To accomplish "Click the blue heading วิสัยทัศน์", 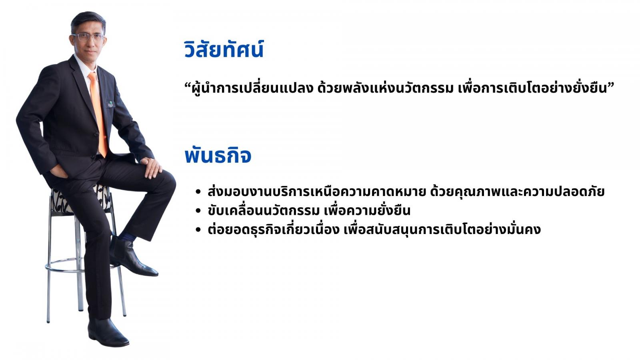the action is tap(224, 49).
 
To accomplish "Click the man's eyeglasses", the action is tap(88, 37).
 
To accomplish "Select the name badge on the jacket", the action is tap(110, 104).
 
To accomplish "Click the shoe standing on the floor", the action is tap(108, 332).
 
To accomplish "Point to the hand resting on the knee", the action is tap(152, 167).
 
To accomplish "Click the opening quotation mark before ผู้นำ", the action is tap(188, 86).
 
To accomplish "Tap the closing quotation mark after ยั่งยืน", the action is tap(610, 86).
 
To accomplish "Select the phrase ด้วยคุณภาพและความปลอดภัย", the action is tap(517, 192).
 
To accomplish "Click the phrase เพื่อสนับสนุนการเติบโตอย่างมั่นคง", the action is tap(442, 229).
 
